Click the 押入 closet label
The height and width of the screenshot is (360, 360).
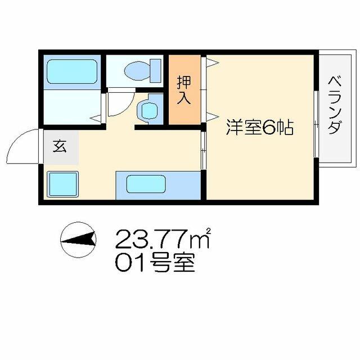click(x=184, y=90)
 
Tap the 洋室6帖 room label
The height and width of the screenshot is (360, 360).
click(x=260, y=127)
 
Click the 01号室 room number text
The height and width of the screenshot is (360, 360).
click(x=155, y=263)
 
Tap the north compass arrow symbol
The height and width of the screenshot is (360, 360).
click(x=78, y=240)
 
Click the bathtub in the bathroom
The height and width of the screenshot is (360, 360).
click(x=72, y=71)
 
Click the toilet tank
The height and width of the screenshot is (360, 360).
click(x=156, y=70)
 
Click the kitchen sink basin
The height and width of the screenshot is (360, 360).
click(x=146, y=184)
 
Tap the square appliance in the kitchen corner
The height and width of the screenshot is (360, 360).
click(x=63, y=184)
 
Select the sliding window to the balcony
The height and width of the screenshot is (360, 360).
click(x=316, y=124)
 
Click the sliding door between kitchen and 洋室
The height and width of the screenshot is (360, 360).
click(x=204, y=150)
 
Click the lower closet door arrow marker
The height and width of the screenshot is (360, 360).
click(x=212, y=116)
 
